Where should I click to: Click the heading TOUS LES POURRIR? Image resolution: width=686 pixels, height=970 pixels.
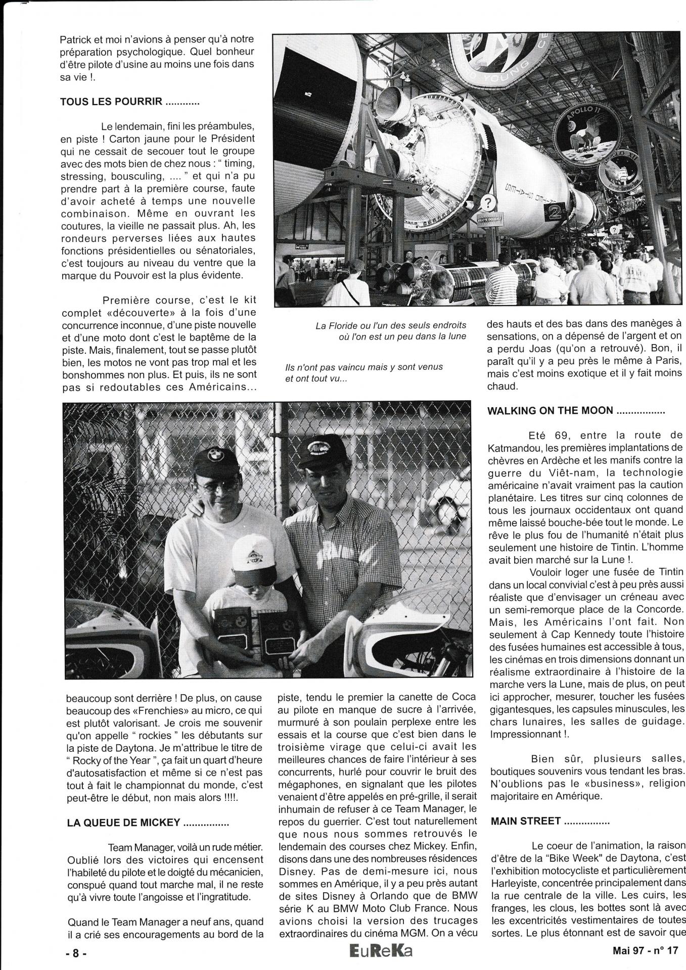[x=129, y=102]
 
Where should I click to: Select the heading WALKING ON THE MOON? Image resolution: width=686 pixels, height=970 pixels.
[x=576, y=411]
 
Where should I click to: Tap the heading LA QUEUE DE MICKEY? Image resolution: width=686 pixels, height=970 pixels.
[x=148, y=822]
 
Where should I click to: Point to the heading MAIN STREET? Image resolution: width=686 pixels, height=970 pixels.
[x=550, y=821]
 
